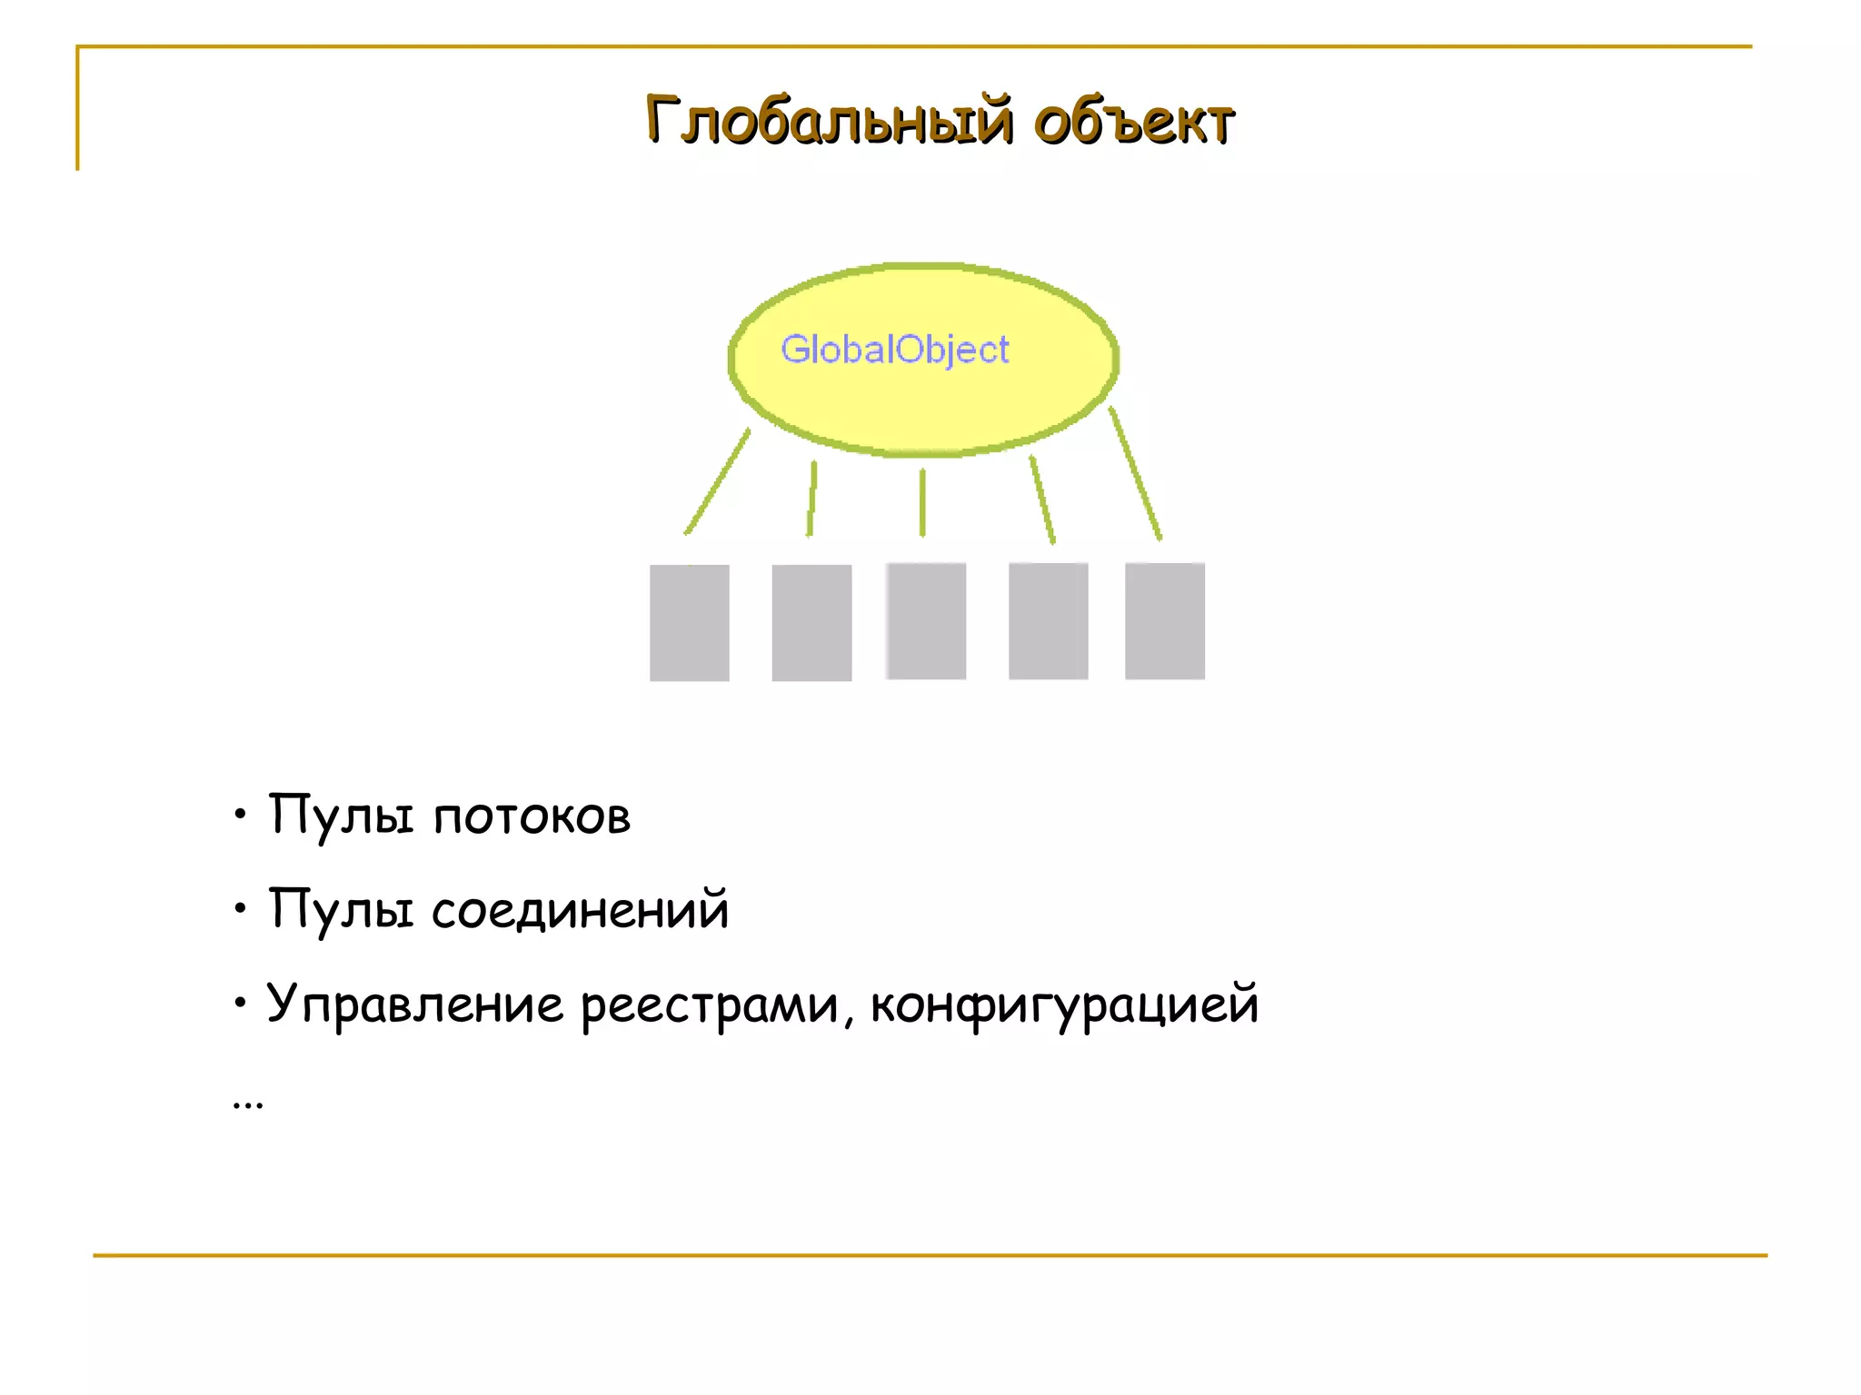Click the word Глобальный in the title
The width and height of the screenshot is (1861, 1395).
click(828, 121)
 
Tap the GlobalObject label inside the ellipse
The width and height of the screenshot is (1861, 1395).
click(894, 350)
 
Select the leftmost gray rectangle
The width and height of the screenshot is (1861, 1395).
click(689, 622)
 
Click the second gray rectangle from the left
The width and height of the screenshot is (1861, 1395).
click(811, 622)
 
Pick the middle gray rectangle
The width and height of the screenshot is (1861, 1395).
click(925, 620)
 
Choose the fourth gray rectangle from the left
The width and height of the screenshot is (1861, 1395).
click(1048, 620)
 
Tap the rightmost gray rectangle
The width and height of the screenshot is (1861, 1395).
click(1164, 620)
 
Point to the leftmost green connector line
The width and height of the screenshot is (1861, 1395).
click(718, 480)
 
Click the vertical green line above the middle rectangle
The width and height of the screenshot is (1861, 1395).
click(922, 502)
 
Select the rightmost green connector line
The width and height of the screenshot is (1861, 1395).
click(1135, 473)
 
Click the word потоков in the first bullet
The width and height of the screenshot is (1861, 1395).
click(532, 816)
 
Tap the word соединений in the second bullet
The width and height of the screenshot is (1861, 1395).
click(580, 910)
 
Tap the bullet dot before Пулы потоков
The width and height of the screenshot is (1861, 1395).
click(240, 814)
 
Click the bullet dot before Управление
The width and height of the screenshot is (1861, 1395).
click(240, 1003)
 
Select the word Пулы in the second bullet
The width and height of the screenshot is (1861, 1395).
click(341, 910)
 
